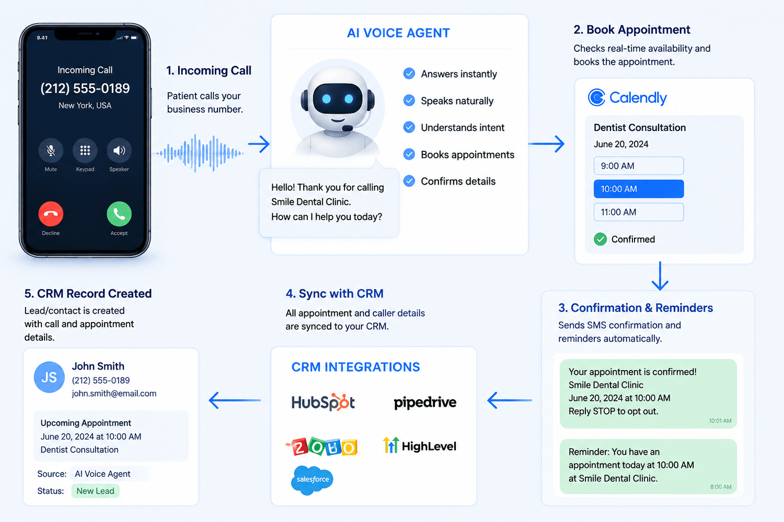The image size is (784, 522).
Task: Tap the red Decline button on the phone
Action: coord(51,214)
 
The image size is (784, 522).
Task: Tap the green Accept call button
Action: coord(119,214)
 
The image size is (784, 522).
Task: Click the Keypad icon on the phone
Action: coord(85,150)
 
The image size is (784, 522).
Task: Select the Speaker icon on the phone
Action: coord(119,150)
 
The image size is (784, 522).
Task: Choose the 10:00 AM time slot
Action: coord(639,189)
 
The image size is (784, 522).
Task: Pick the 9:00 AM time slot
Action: coord(639,165)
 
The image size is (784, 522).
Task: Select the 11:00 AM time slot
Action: coord(639,212)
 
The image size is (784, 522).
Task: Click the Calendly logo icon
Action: coord(596,97)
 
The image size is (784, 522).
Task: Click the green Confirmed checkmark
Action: coord(600,239)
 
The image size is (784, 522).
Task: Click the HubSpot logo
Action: coord(323,402)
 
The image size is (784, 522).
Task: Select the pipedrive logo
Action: coord(425,403)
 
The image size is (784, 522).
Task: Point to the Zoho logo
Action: coord(322,446)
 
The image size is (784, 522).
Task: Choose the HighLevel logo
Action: coord(420,445)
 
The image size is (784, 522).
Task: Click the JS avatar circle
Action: coord(49,377)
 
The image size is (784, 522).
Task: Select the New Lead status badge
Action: coord(95,491)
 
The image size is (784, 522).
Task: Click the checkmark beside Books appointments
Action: coord(409,154)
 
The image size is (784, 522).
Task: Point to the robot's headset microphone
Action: coord(347,128)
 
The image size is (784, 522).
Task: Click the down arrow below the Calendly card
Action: coord(660,276)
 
